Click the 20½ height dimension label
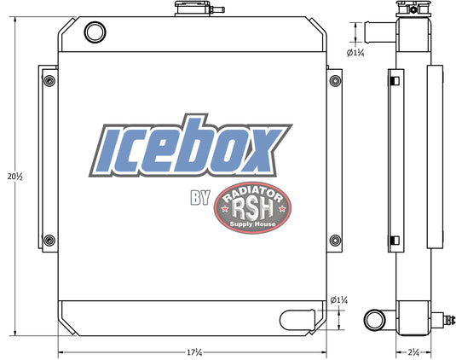[x=15, y=177]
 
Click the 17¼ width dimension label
[x=194, y=352]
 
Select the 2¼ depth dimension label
[x=413, y=352]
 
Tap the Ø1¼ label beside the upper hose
[x=355, y=53]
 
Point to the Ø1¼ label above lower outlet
[x=339, y=300]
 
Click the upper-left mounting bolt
[x=49, y=80]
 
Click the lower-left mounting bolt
[x=49, y=240]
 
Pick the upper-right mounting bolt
[x=335, y=80]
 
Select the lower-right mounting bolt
[x=335, y=240]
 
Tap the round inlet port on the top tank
[x=95, y=32]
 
